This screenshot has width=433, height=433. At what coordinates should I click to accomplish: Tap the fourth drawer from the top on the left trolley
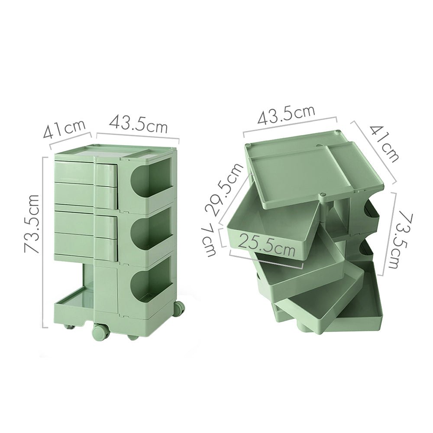tap(86, 245)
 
